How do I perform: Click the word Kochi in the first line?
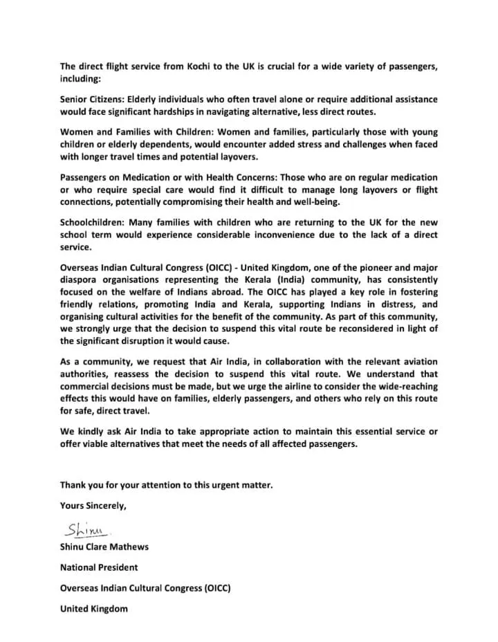click(x=183, y=66)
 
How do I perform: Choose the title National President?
click(x=99, y=567)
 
